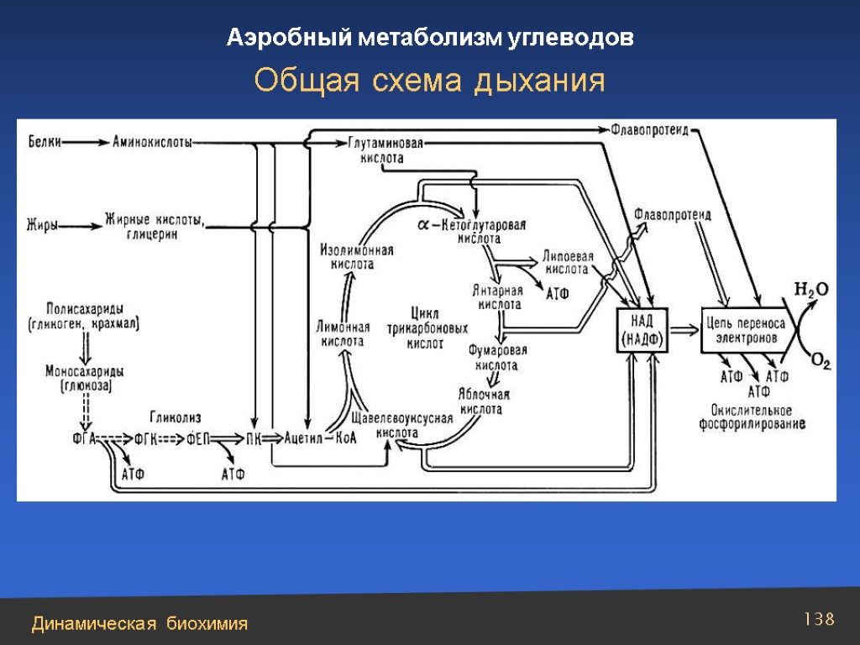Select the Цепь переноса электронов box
(x=745, y=328)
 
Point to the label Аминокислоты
(x=151, y=142)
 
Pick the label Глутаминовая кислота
(x=385, y=149)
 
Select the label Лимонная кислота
(x=343, y=334)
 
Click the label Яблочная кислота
(x=485, y=401)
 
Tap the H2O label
(x=811, y=290)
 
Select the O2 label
(x=820, y=362)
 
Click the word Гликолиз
(x=176, y=417)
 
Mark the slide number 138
(x=819, y=620)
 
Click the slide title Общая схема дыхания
(x=430, y=81)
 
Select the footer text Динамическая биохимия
(x=140, y=623)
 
